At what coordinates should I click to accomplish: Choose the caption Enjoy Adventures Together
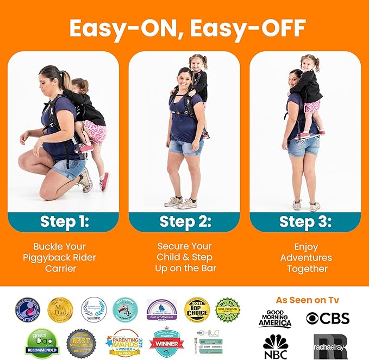[305, 258]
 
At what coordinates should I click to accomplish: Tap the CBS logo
[327, 318]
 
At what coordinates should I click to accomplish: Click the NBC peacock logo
[275, 346]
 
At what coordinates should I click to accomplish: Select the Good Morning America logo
[274, 318]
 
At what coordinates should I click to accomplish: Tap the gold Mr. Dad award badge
[60, 310]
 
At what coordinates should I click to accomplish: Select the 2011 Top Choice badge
[197, 309]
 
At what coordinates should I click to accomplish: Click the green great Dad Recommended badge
[42, 343]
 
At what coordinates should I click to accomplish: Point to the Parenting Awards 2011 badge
[124, 343]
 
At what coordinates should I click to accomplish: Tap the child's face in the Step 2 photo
[196, 63]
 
